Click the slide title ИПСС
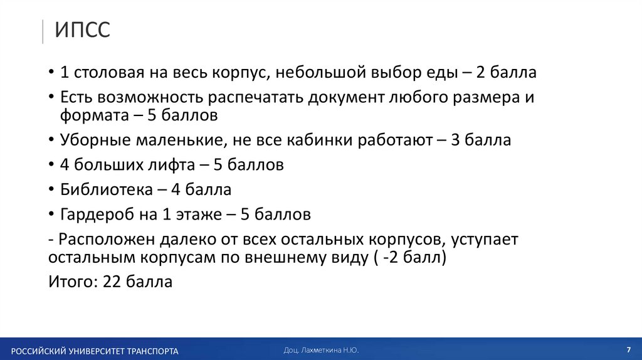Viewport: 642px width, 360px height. [82, 29]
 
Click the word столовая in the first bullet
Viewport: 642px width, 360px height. [108, 72]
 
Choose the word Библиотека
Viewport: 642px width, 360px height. [106, 189]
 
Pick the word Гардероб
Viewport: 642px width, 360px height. [95, 214]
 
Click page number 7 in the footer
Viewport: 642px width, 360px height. [628, 349]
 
